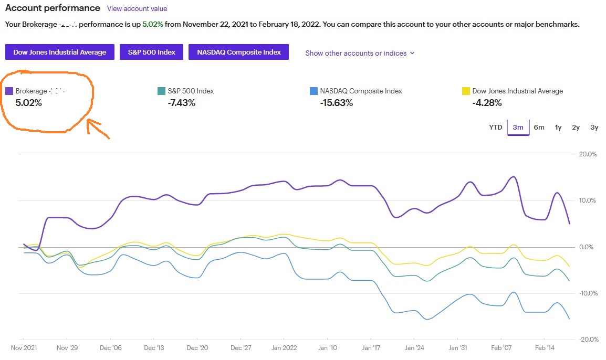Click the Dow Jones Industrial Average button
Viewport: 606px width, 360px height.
point(60,52)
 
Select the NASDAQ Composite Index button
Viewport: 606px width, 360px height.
point(239,52)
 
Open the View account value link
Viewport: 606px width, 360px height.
point(137,8)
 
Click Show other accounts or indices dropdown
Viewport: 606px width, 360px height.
point(360,53)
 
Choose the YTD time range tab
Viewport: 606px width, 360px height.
point(496,127)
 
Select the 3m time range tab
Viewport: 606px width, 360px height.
point(518,127)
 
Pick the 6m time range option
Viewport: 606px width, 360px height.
point(539,127)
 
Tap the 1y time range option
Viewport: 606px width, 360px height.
point(558,127)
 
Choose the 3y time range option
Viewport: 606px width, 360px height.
point(594,127)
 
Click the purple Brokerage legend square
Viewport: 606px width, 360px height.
point(9,91)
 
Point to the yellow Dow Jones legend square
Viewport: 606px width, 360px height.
point(465,91)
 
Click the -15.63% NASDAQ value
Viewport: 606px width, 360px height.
point(336,103)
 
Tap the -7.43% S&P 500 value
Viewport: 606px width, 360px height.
point(182,103)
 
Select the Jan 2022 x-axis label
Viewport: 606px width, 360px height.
point(284,348)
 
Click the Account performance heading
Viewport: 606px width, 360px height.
point(53,8)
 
